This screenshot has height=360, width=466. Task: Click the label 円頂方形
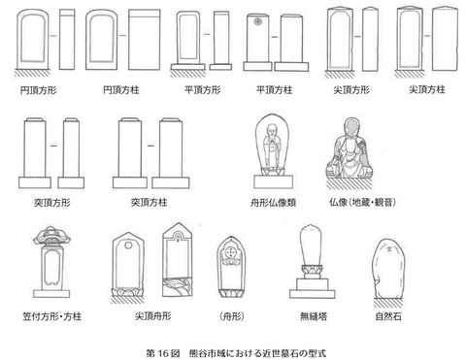(38, 88)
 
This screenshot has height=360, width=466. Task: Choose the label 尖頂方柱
(425, 88)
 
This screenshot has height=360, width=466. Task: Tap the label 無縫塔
(313, 314)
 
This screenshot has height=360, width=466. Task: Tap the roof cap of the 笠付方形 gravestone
(52, 237)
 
